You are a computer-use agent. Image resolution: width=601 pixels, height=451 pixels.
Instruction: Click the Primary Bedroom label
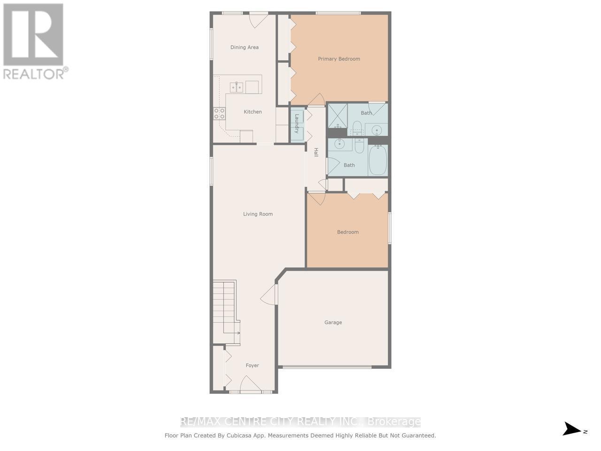339,59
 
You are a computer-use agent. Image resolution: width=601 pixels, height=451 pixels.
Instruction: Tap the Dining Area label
244,47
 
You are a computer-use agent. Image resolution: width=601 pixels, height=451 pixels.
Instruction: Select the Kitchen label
253,111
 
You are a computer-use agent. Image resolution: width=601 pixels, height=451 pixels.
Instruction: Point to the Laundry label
297,124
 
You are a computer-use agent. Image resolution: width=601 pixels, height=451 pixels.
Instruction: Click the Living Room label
258,214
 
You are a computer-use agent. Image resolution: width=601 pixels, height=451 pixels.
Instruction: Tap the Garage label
333,322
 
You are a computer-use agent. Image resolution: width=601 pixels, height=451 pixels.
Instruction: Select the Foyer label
252,365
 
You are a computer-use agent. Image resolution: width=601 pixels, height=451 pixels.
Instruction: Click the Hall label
316,152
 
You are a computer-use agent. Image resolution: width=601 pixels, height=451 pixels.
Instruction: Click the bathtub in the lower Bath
378,160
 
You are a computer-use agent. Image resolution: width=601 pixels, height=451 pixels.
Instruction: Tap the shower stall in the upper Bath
337,115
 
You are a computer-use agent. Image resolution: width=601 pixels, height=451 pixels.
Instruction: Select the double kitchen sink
236,87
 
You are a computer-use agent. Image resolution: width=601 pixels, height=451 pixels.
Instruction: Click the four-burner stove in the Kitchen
219,113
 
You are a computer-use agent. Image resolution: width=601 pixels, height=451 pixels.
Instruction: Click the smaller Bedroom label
347,232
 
